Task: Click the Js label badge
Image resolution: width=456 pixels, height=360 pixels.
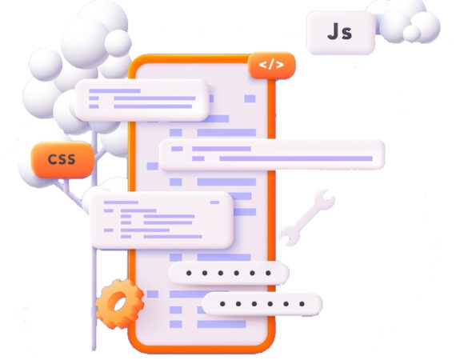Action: click(341, 33)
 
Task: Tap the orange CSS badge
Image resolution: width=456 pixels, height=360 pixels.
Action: click(62, 160)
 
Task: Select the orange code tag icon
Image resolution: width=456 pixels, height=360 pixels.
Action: click(272, 66)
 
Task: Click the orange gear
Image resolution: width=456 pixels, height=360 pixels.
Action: click(120, 303)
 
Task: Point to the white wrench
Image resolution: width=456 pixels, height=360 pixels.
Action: click(308, 217)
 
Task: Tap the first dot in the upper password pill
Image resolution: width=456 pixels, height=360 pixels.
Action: click(189, 273)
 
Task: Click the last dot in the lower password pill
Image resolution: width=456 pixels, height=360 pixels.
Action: click(302, 304)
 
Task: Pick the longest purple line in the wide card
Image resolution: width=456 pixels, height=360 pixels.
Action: click(296, 158)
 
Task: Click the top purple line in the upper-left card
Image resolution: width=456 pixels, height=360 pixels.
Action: click(115, 91)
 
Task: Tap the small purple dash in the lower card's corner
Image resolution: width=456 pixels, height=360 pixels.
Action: click(214, 202)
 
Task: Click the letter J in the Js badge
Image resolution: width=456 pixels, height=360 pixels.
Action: click(334, 31)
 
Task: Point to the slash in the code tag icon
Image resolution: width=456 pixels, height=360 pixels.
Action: click(271, 65)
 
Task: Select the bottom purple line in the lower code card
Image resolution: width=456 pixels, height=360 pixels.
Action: click(173, 237)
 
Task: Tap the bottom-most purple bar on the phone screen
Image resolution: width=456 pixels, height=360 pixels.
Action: click(222, 324)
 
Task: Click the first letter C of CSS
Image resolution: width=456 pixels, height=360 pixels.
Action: click(53, 159)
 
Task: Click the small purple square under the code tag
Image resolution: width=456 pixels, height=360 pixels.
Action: click(250, 98)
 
